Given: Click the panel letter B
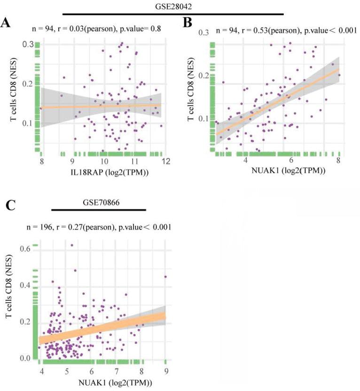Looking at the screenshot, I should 187,23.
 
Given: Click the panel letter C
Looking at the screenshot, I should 9,206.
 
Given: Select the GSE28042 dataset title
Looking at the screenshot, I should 173,7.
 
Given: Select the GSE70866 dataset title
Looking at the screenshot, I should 99,201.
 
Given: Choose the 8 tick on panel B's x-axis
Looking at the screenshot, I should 338,160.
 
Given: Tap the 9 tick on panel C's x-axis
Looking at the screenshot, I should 165,373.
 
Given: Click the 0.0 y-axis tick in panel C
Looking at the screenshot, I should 24,359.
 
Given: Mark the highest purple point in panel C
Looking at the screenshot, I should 72,245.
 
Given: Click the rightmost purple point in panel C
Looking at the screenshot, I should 165,277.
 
